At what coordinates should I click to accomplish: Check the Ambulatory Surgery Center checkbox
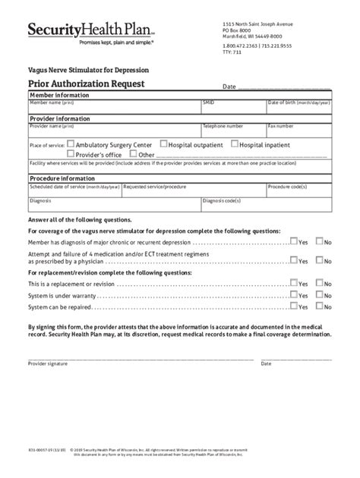pos(70,143)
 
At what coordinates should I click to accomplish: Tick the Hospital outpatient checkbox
pos(163,143)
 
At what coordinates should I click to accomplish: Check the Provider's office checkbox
pos(70,153)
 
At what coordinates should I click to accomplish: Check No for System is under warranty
pos(319,294)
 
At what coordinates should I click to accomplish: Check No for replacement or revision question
pos(319,282)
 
